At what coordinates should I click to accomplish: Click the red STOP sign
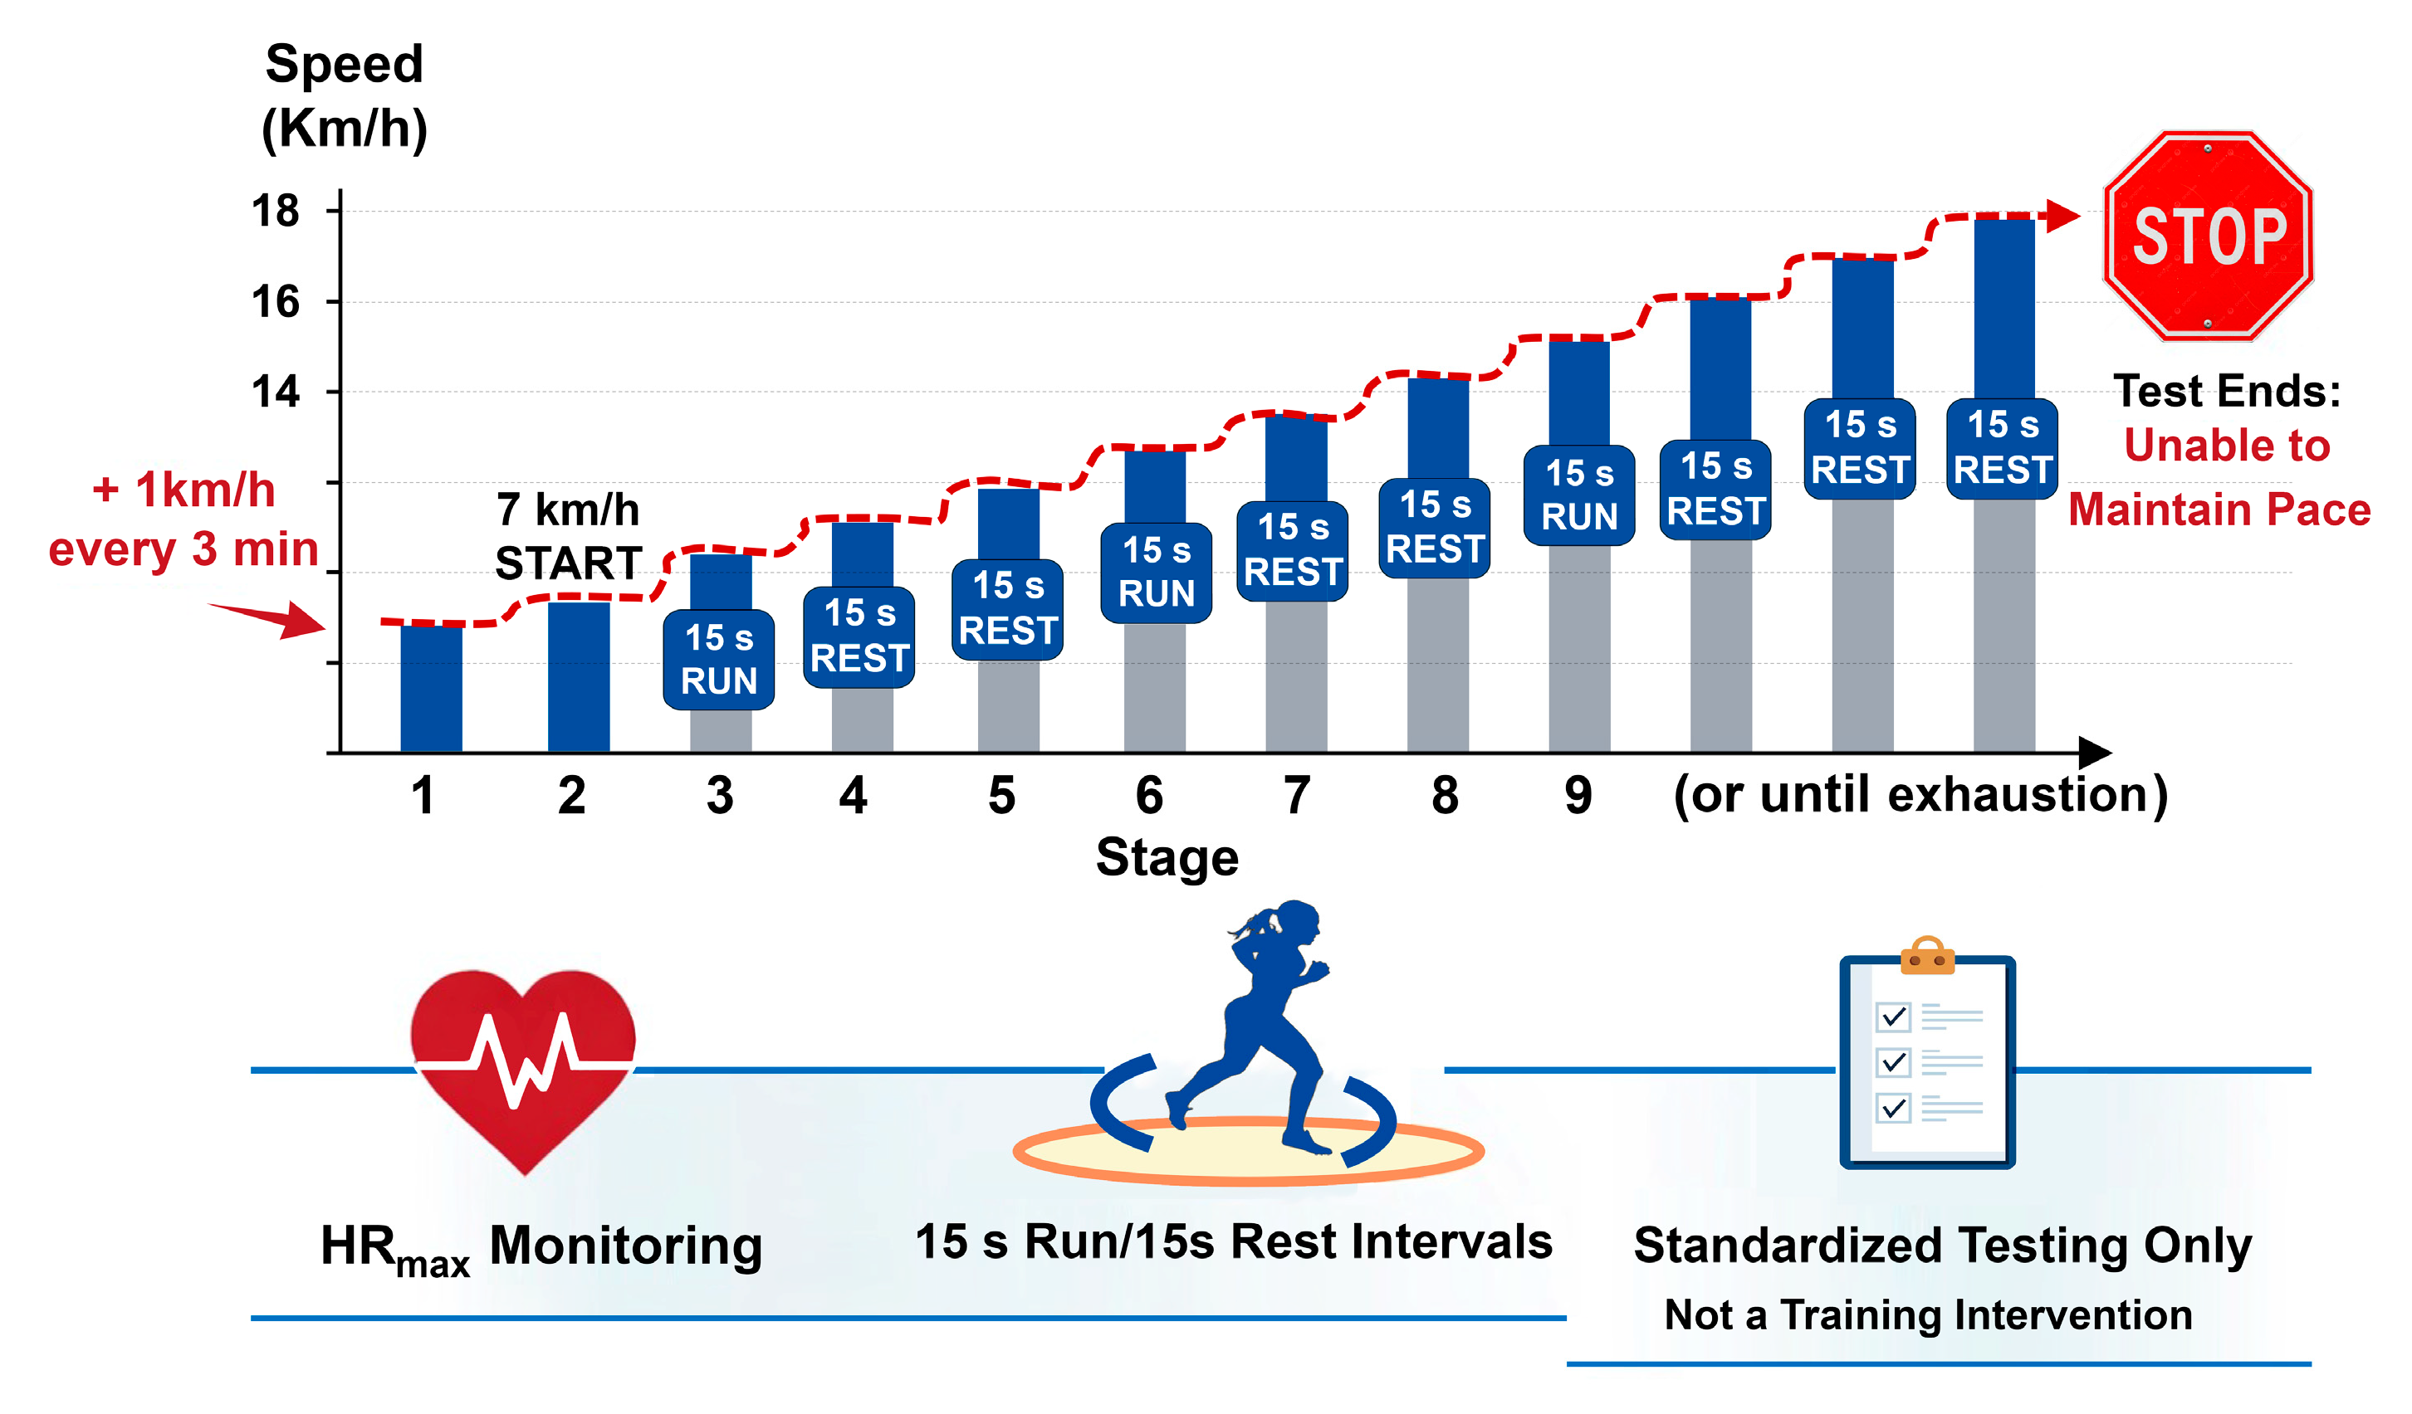click(2207, 236)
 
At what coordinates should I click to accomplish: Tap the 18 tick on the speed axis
click(276, 211)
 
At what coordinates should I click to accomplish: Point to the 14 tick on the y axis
click(276, 393)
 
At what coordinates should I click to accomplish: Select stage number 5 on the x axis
click(1001, 796)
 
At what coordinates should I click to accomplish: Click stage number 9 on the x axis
click(1578, 796)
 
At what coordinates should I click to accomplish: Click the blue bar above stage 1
click(431, 689)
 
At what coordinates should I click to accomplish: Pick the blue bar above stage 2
click(578, 676)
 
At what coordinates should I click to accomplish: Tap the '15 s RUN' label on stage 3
click(719, 659)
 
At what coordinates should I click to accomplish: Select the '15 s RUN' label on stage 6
click(1157, 572)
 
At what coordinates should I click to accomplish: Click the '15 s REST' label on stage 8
click(1434, 527)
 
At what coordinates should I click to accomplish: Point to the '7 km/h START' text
click(568, 537)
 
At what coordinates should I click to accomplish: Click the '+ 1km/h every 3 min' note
click(183, 519)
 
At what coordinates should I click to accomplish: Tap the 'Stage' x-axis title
click(1167, 856)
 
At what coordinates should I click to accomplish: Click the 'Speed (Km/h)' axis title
click(345, 95)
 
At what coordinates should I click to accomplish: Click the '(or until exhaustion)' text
click(1920, 794)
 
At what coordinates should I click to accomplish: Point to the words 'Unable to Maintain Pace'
click(2220, 477)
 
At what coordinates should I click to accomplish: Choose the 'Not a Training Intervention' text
click(1928, 1314)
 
